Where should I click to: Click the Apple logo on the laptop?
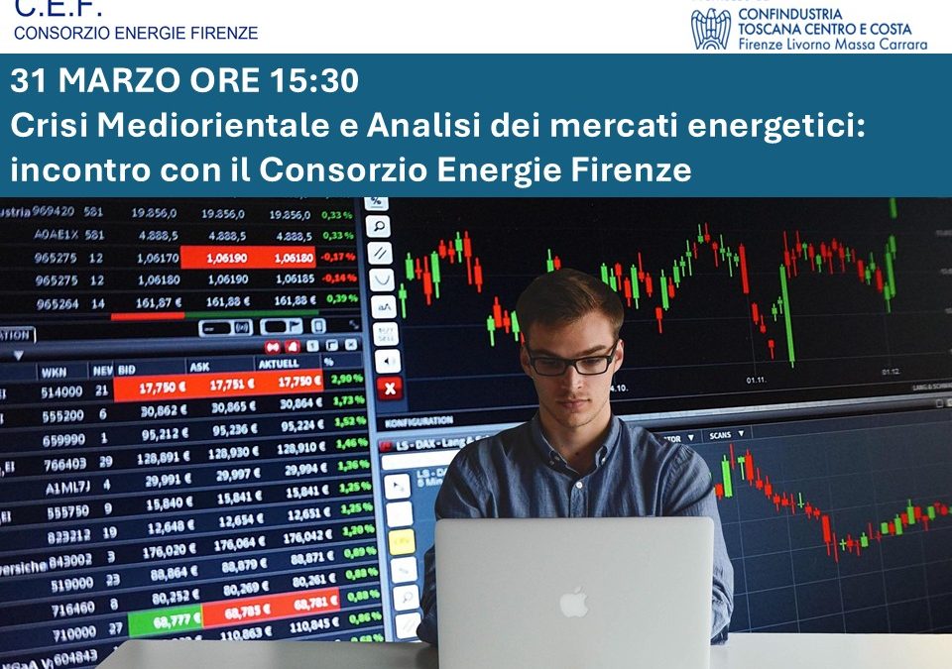(x=573, y=601)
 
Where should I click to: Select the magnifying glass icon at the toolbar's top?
(x=379, y=226)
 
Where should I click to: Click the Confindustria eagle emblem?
(x=710, y=30)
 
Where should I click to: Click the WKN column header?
(x=53, y=372)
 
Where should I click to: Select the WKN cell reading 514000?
(x=61, y=392)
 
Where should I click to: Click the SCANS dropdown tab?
(x=722, y=435)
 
